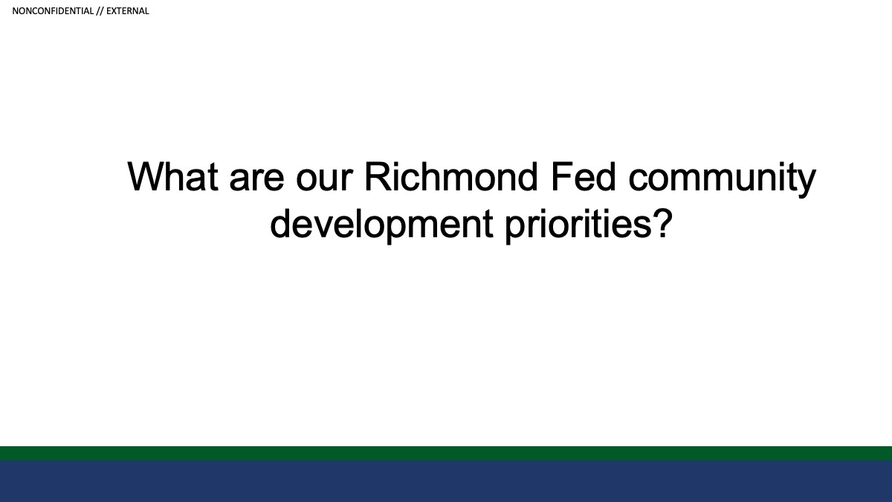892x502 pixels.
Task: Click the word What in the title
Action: pos(172,176)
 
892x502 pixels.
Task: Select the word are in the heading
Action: pos(257,180)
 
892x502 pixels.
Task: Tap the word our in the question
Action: pos(325,180)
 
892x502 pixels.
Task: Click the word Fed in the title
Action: pos(584,176)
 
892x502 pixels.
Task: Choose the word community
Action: pos(723,179)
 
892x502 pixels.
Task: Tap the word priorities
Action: pos(578,225)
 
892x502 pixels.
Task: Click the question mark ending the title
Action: pos(662,223)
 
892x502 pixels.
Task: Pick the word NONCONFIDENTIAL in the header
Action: pos(53,11)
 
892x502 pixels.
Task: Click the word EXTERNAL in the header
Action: pos(127,11)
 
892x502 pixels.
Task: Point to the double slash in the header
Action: pos(100,11)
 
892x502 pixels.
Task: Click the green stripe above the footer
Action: pos(446,454)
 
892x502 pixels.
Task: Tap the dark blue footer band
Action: pos(446,481)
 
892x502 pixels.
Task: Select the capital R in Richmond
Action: pos(378,176)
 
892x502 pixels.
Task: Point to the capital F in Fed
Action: pos(562,176)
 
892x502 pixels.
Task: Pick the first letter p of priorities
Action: pos(516,231)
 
